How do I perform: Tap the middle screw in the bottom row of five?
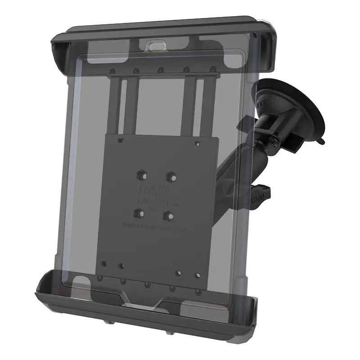146,284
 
